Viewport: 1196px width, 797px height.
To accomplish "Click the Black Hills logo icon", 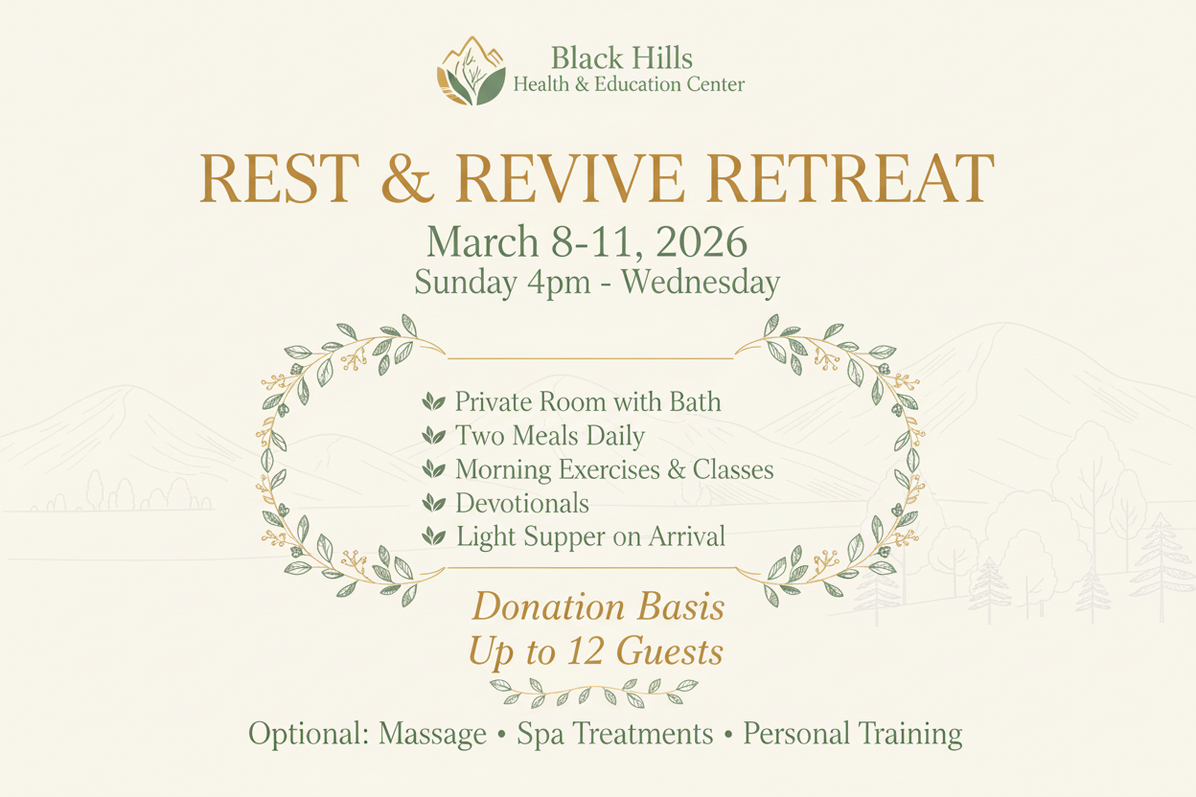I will click(x=471, y=71).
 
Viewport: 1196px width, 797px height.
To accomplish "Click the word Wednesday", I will click(x=704, y=283).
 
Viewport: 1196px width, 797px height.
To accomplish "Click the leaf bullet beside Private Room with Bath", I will click(x=434, y=402).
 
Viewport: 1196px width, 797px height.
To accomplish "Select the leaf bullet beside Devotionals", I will click(x=434, y=503).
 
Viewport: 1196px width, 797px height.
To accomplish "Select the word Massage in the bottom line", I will click(x=433, y=735).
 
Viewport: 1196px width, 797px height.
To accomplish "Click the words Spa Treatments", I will click(x=614, y=735).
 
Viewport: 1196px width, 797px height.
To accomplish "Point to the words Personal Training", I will click(x=853, y=735).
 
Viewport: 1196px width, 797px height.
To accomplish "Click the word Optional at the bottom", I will click(x=309, y=735).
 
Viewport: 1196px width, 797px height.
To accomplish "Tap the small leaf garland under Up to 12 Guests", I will click(x=594, y=689).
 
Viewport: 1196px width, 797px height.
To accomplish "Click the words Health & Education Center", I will click(x=629, y=85).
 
